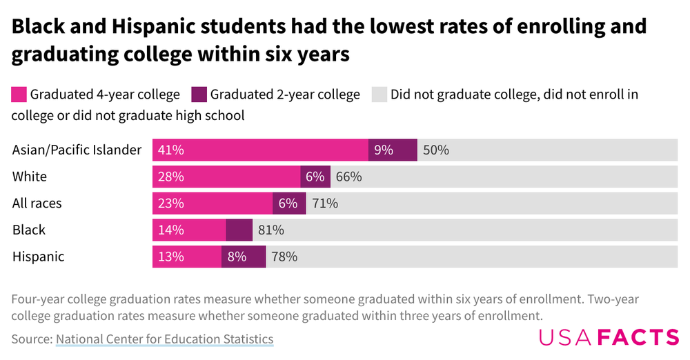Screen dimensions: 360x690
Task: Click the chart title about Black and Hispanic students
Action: [x=330, y=39]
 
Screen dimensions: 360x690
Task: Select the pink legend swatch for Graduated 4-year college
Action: [x=19, y=94]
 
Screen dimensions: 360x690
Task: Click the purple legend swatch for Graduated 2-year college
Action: [x=199, y=94]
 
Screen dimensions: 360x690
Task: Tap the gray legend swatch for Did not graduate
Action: [x=379, y=94]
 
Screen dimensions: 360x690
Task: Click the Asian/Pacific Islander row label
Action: [x=77, y=150]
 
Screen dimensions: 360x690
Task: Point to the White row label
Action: [x=30, y=177]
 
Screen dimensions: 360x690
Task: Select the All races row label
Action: [x=37, y=203]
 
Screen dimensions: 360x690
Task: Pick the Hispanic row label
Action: [x=39, y=257]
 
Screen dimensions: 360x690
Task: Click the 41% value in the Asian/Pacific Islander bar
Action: [x=170, y=150]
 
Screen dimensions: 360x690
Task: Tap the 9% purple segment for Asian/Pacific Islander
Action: [x=393, y=150]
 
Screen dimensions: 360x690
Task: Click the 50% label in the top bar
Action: [x=436, y=150]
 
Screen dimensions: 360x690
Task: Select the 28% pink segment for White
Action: [x=226, y=177]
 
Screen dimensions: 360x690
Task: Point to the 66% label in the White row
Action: [x=349, y=177]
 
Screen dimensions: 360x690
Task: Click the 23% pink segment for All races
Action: [x=213, y=203]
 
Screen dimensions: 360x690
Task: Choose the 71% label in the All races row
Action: [x=325, y=203]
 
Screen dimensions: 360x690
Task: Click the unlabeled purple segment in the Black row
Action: [x=239, y=230]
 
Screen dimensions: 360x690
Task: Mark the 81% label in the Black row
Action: [x=270, y=230]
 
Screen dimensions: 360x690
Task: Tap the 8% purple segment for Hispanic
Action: [x=244, y=257]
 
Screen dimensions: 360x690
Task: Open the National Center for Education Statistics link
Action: [x=164, y=339]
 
